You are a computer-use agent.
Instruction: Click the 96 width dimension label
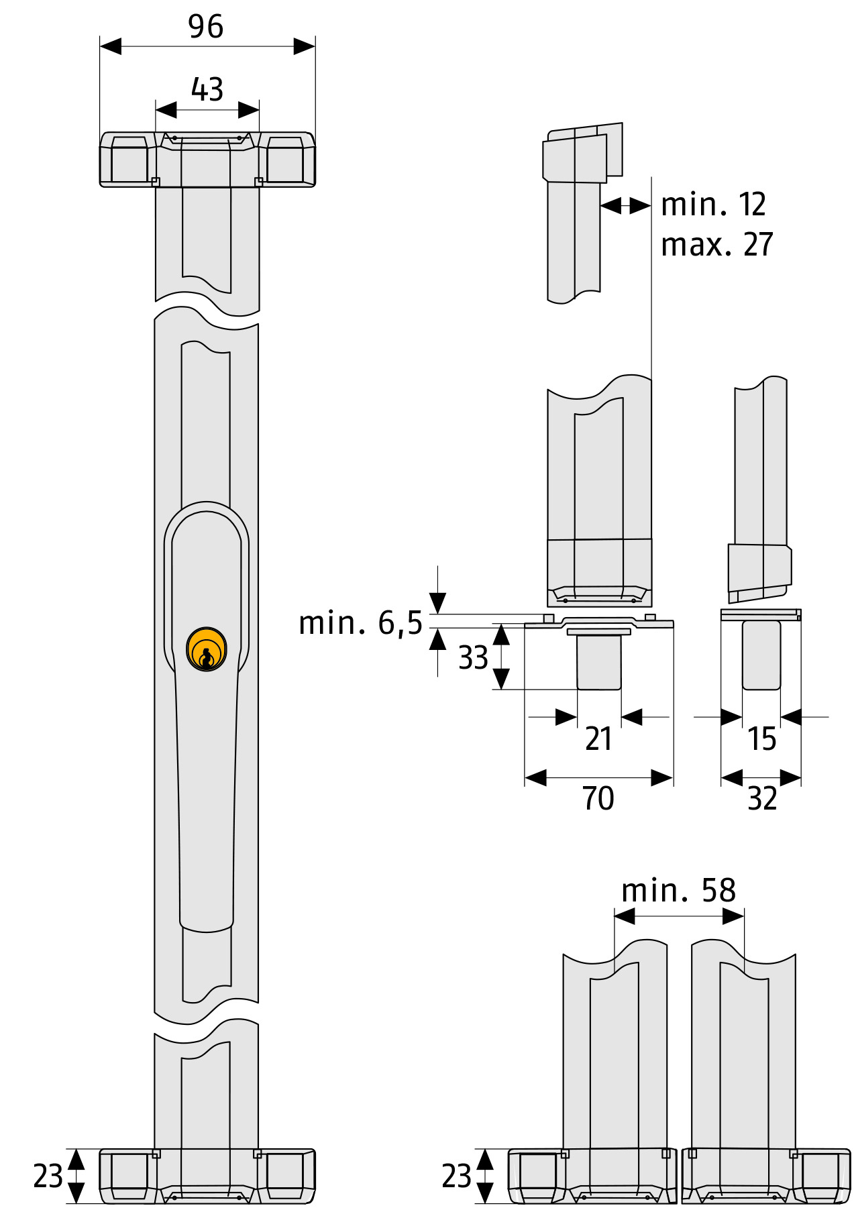point(205,27)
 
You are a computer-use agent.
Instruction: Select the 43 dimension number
point(207,89)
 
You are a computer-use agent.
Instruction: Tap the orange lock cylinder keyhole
point(207,649)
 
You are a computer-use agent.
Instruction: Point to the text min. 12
point(713,205)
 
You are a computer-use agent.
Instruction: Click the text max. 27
point(716,245)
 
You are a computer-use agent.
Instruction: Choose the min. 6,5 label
point(360,623)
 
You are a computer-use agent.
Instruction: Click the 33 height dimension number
point(473,658)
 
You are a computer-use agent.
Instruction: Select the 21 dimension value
point(598,738)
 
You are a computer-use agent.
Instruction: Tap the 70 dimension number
point(598,798)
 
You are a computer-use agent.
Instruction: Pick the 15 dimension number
point(761,738)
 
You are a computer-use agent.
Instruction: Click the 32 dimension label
point(762,798)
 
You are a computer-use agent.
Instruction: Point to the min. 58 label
point(678,891)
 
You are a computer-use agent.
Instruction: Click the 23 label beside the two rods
point(456,1176)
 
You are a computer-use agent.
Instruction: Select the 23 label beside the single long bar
point(48,1176)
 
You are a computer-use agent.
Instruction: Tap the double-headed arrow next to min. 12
point(625,205)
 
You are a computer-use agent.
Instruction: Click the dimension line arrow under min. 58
point(679,916)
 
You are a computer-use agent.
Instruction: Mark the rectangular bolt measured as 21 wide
point(599,662)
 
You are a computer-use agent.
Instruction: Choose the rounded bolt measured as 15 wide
point(761,655)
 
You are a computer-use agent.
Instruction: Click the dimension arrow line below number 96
point(207,46)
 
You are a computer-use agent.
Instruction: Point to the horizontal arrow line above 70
point(598,778)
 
